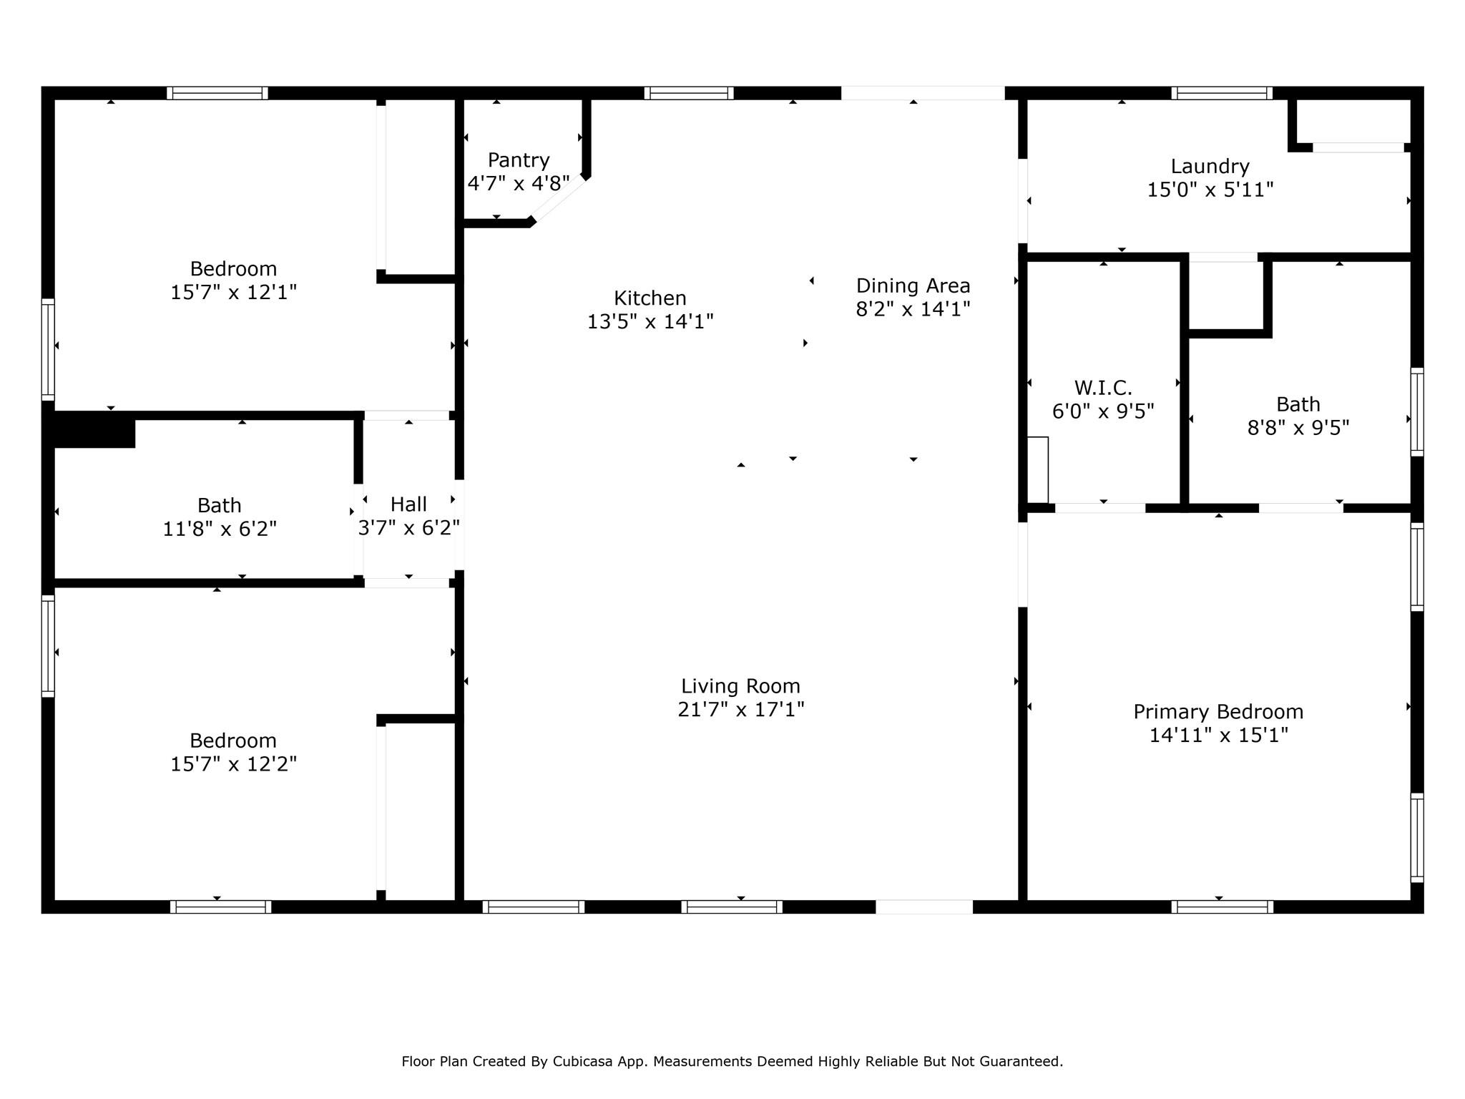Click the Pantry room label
(x=519, y=160)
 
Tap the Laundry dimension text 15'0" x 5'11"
(x=1210, y=190)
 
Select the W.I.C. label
(x=1103, y=389)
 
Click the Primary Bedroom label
(x=1218, y=712)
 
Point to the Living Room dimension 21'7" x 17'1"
(x=741, y=710)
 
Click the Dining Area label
(x=913, y=286)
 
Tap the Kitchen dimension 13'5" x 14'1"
(x=650, y=322)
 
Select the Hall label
(x=408, y=504)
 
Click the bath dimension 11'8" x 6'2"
(x=220, y=529)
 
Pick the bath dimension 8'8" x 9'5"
(x=1298, y=428)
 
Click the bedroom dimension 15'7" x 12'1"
(x=233, y=293)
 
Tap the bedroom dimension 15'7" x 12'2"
(x=233, y=764)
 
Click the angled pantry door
(x=558, y=199)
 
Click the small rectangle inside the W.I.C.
(x=1038, y=469)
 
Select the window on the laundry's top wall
(x=1222, y=93)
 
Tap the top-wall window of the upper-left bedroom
(x=217, y=93)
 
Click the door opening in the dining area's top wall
(x=923, y=93)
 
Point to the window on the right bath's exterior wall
(x=1416, y=412)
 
